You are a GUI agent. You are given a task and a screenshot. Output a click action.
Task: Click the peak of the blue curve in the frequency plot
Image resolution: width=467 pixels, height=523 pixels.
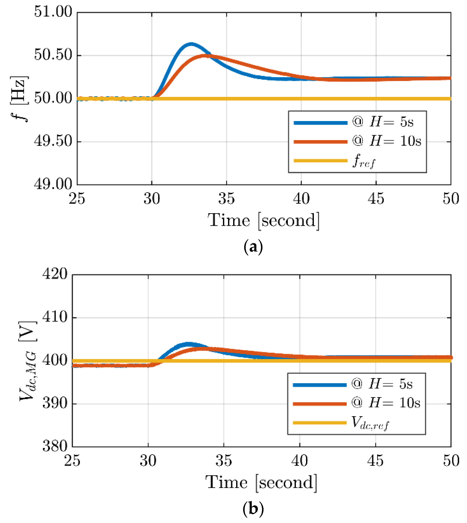(191, 44)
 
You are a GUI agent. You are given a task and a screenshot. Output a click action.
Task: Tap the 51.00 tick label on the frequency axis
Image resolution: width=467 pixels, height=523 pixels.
(53, 12)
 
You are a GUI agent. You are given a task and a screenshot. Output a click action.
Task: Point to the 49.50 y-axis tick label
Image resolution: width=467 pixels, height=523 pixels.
(53, 141)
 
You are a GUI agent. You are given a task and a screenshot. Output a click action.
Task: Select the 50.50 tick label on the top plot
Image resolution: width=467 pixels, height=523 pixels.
(53, 55)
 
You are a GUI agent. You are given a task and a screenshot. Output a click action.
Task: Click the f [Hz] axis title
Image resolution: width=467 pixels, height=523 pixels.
(20, 99)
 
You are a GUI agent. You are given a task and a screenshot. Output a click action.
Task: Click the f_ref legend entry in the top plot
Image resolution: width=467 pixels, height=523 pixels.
(364, 161)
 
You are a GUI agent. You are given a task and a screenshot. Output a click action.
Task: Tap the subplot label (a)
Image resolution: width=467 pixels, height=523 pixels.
(253, 247)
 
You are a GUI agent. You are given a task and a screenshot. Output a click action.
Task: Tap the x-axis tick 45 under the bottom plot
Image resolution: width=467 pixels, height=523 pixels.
(375, 461)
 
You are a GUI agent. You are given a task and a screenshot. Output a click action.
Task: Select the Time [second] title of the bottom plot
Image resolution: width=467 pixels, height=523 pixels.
(261, 483)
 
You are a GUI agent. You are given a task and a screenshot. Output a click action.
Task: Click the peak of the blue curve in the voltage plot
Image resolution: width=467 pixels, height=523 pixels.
(189, 344)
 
